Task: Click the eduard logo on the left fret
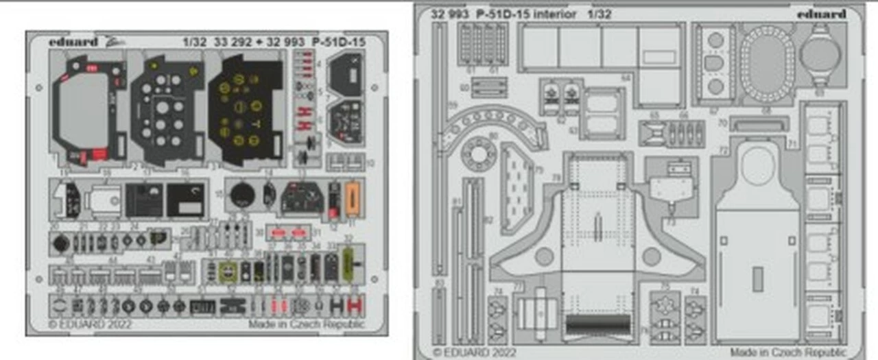pyautogui.click(x=73, y=41)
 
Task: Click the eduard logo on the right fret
pyautogui.click(x=822, y=14)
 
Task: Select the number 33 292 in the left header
pyautogui.click(x=233, y=41)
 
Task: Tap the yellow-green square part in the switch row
pyautogui.click(x=226, y=271)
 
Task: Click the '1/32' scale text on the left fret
pyautogui.click(x=194, y=41)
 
